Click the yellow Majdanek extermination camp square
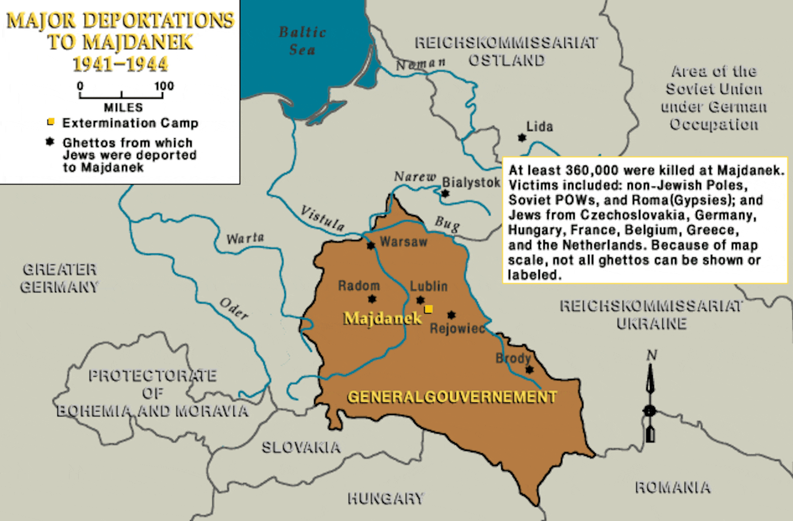click(428, 309)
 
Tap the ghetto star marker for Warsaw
click(371, 246)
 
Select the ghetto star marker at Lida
click(522, 138)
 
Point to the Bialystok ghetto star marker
click(445, 193)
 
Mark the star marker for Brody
click(529, 369)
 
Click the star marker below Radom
click(372, 299)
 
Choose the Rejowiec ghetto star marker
click(452, 315)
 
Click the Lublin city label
click(429, 286)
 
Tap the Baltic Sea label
click(302, 41)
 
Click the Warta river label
click(245, 239)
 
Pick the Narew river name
click(415, 176)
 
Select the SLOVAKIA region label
click(301, 447)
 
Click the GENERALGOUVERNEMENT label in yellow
click(452, 397)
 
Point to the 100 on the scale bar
click(164, 86)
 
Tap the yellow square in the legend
click(51, 122)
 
